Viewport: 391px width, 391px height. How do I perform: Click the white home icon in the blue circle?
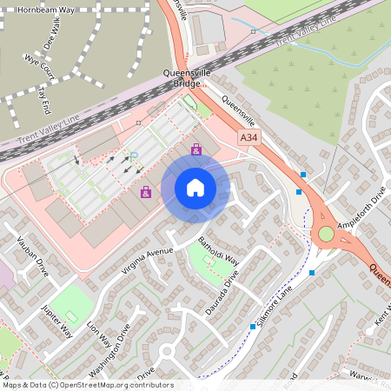pos(195,187)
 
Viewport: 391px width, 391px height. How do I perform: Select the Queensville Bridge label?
pos(186,79)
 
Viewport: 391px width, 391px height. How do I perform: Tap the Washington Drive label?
pos(114,348)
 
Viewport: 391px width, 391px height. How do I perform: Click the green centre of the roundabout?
pos(326,234)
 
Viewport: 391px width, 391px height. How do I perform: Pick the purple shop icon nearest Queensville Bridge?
pos(196,150)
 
